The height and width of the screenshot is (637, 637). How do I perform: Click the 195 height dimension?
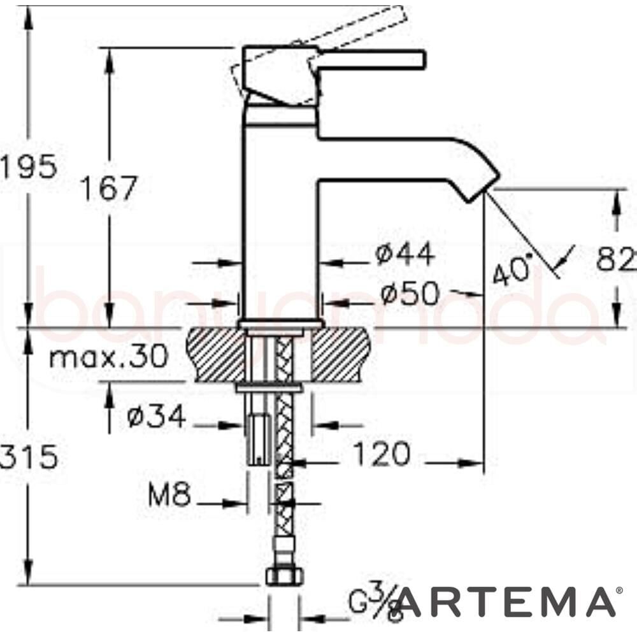point(29,167)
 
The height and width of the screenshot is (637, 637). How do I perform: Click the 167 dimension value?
point(108,189)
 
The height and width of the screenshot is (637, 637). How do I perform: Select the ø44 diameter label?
point(405,255)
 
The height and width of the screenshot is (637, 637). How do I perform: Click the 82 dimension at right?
point(616,259)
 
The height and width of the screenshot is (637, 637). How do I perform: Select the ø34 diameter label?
point(156,417)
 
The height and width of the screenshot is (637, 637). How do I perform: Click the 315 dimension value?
point(29,457)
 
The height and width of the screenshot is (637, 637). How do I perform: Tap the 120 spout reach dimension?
point(380,455)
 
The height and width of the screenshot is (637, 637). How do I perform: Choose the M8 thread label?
point(169,495)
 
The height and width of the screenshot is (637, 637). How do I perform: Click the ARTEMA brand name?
point(506,603)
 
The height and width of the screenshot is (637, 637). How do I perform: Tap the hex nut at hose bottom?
point(282,576)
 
